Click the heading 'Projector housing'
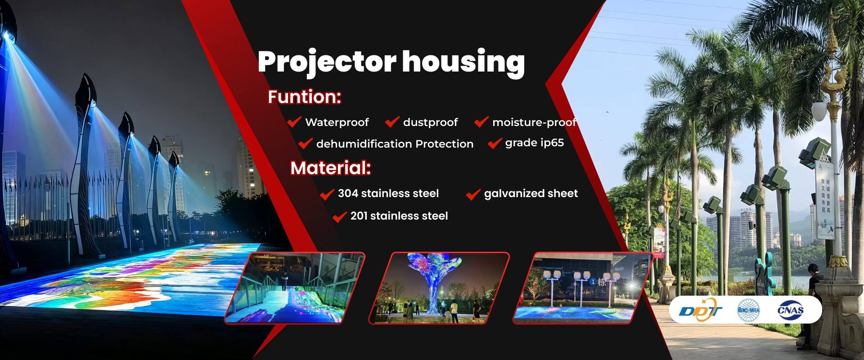click(391, 62)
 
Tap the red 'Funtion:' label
click(304, 97)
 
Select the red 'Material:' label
click(330, 168)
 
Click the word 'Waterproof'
click(337, 122)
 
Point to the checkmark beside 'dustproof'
click(392, 121)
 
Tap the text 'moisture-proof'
click(534, 122)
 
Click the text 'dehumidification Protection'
click(395, 144)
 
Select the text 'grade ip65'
click(534, 143)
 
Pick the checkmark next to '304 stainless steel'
click(327, 194)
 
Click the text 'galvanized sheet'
click(531, 193)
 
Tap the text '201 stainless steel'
click(399, 216)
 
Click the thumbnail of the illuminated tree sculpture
click(439, 288)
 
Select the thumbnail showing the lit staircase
click(295, 288)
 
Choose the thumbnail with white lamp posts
click(584, 288)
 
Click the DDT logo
click(700, 310)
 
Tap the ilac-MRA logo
click(748, 310)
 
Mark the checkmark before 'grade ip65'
click(495, 144)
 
